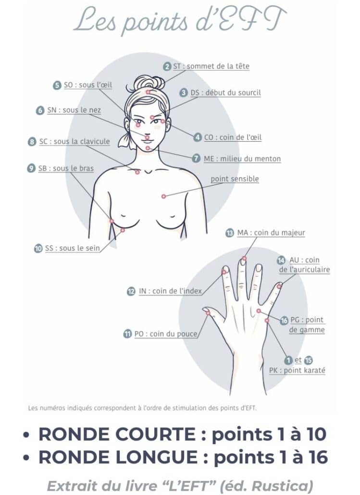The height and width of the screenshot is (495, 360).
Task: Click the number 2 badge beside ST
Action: [167, 66]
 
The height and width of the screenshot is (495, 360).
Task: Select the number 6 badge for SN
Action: [40, 110]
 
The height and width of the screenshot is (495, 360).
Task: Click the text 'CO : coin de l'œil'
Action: [233, 137]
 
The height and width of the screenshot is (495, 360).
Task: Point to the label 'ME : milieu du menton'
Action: [242, 159]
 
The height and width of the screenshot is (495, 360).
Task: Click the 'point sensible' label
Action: [235, 179]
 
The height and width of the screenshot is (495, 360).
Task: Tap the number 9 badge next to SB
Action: [31, 168]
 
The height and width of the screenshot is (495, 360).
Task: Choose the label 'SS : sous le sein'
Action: [72, 248]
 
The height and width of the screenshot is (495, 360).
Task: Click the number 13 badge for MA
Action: [230, 233]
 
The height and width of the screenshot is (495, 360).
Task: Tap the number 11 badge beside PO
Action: [127, 334]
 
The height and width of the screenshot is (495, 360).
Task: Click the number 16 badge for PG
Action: [284, 321]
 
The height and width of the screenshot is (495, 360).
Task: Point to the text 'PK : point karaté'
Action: [297, 371]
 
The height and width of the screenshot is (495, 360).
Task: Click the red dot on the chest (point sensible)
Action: [163, 196]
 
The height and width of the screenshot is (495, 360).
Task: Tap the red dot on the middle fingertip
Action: [244, 259]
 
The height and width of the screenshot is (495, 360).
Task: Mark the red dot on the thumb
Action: [208, 313]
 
